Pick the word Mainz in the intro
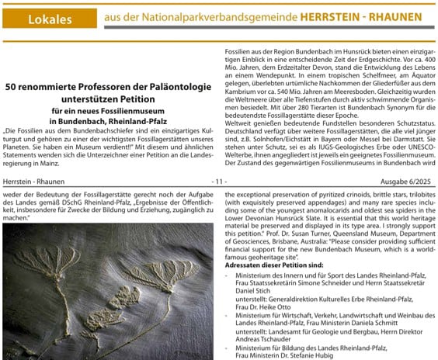point(75,164)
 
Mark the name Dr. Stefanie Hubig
point(322,358)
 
